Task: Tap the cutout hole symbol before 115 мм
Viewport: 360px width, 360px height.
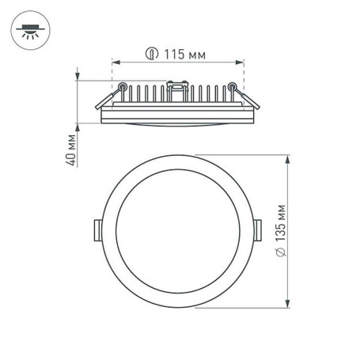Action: click(x=151, y=55)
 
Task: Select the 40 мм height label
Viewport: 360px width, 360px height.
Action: click(x=70, y=150)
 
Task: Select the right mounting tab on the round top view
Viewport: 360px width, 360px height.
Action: click(x=260, y=229)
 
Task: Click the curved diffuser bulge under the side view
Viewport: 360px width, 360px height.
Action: click(x=177, y=125)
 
